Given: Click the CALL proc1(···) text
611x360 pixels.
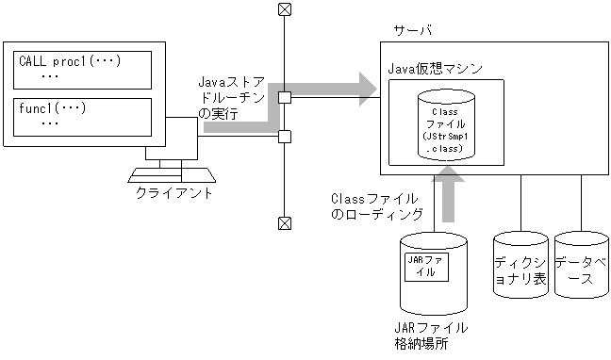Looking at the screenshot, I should (71, 61).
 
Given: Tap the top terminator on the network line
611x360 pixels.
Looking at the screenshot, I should (283, 10).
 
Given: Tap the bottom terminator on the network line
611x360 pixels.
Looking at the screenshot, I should (283, 223).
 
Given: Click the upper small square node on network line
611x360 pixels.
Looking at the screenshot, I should (283, 96).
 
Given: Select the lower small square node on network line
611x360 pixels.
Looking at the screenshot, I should (283, 136).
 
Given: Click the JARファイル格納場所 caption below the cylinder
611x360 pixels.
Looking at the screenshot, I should (429, 335).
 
